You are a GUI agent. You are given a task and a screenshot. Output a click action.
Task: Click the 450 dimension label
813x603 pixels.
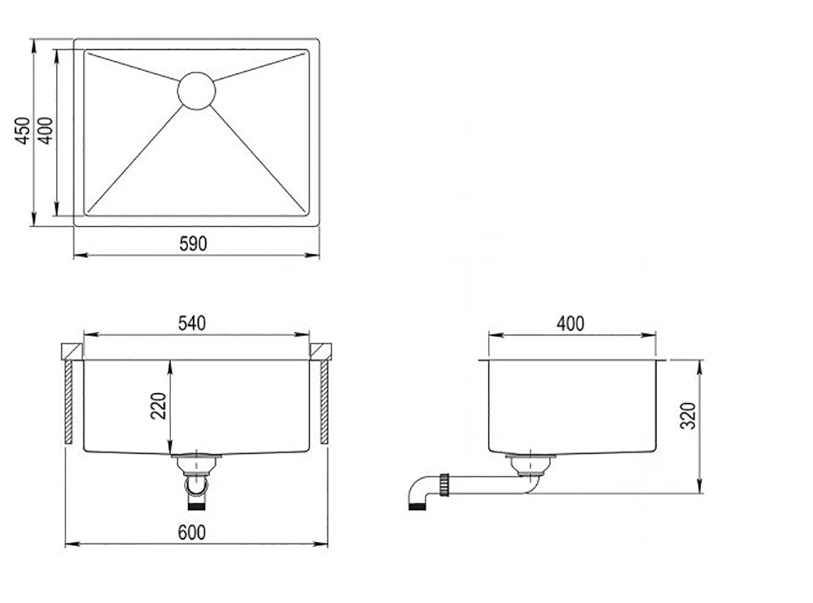22,131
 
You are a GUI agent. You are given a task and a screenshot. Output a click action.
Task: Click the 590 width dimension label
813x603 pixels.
193,243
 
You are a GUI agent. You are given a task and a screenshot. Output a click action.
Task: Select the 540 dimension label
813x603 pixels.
192,323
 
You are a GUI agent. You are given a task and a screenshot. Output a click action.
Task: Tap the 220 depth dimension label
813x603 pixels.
158,406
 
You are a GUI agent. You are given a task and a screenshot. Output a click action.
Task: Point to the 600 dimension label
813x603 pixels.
192,532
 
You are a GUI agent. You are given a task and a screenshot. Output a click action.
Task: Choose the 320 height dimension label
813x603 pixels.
688,415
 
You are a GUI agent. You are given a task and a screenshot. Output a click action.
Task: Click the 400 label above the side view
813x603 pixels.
570,324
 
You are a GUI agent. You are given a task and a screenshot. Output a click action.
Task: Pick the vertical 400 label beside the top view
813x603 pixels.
46,131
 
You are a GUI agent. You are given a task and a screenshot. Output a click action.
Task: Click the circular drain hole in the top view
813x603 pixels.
196,91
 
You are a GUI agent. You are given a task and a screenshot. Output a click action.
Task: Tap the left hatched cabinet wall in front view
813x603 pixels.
68,402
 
